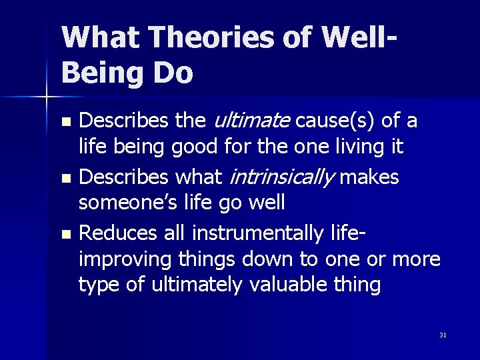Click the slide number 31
tap(443, 335)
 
